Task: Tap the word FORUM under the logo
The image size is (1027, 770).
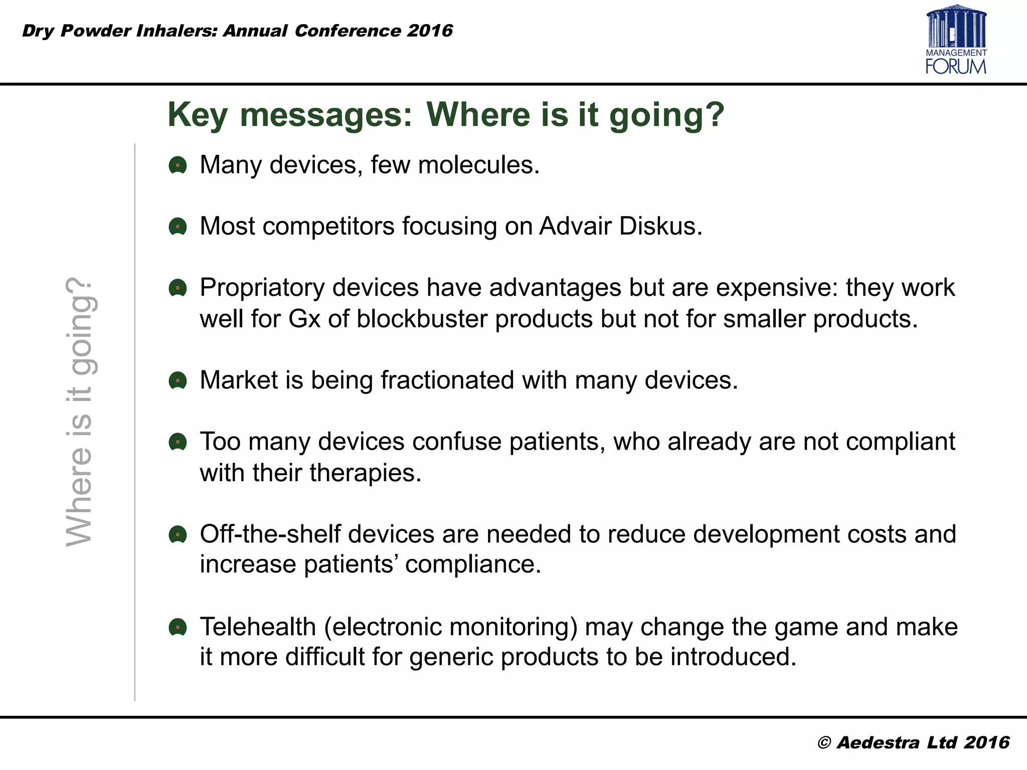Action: (956, 66)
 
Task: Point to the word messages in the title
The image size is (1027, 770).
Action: (326, 114)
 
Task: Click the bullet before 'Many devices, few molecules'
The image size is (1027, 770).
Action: (178, 165)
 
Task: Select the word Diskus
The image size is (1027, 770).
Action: (660, 226)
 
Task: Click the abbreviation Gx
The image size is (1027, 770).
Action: (304, 319)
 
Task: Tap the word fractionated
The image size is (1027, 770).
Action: (447, 380)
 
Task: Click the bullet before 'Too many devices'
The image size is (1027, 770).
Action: (178, 442)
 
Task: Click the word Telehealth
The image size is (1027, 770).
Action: (258, 627)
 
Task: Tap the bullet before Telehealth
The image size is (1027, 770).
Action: (178, 627)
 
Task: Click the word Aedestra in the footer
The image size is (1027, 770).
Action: (878, 742)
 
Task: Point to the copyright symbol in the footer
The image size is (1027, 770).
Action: (824, 743)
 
